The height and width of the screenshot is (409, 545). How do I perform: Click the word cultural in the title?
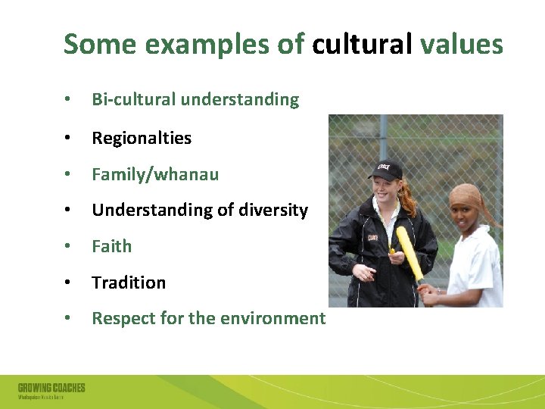click(x=362, y=45)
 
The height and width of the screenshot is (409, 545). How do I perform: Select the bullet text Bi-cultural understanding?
click(x=195, y=99)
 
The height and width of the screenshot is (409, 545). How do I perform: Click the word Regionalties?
click(x=142, y=138)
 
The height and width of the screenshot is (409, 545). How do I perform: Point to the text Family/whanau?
click(x=155, y=174)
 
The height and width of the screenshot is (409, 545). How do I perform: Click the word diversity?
click(x=272, y=210)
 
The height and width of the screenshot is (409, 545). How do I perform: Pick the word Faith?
click(x=112, y=246)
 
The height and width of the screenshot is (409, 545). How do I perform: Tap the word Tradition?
click(x=129, y=283)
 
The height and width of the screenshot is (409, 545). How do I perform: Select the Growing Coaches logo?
click(x=51, y=390)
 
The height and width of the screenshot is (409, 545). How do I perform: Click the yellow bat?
click(x=409, y=254)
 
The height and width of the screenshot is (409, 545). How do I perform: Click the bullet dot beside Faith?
click(x=68, y=247)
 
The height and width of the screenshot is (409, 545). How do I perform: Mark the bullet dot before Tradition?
click(x=68, y=283)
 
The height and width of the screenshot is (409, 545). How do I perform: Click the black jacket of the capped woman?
click(x=378, y=250)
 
